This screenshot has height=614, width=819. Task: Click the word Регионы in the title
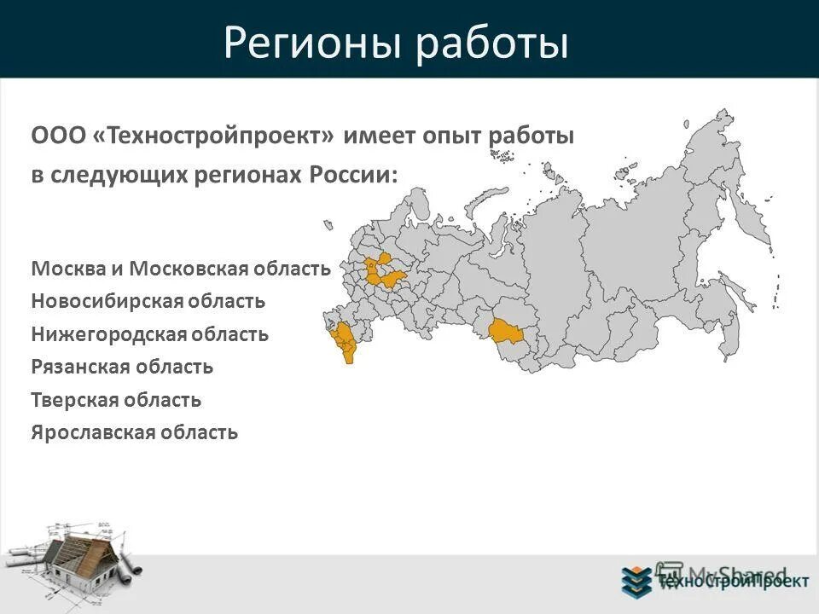311,43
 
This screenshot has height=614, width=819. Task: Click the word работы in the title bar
492,43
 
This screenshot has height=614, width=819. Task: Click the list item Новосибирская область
148,301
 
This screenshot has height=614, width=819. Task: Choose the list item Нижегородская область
150,334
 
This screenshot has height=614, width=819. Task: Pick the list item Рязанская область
122,368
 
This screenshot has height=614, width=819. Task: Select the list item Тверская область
116,400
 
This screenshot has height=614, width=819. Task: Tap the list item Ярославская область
135,432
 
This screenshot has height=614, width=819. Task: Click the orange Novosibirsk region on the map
505,333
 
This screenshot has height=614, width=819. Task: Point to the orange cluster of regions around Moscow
381,272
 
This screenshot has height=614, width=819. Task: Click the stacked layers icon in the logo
636,581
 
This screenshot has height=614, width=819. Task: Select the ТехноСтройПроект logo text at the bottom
732,582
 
